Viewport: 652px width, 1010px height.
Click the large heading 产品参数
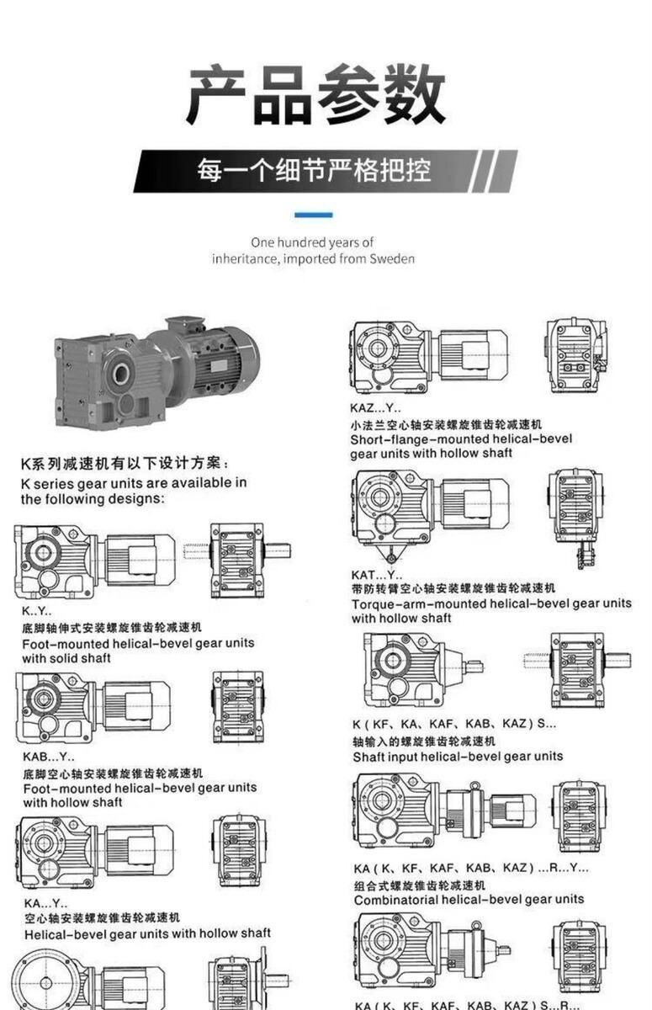[x=316, y=94]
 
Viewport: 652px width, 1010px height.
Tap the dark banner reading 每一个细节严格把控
[x=326, y=172]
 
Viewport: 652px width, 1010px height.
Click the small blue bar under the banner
[x=314, y=215]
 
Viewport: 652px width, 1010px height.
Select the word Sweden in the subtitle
[x=392, y=259]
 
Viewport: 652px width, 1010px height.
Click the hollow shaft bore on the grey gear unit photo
[x=121, y=373]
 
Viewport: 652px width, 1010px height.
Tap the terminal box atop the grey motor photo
[x=185, y=326]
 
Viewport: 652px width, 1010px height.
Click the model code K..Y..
[x=37, y=611]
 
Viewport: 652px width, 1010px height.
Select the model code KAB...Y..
[x=49, y=756]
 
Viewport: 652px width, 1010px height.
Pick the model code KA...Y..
[x=46, y=903]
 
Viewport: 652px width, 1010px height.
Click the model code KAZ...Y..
[x=376, y=408]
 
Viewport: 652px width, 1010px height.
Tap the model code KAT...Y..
[x=377, y=575]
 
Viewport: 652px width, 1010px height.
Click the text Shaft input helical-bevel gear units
[x=458, y=757]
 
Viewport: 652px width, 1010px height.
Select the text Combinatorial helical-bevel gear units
[x=469, y=900]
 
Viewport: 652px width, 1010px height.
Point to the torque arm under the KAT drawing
[x=390, y=553]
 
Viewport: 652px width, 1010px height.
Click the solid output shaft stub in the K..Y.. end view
[x=277, y=551]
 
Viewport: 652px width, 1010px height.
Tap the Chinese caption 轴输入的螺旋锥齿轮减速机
[x=424, y=742]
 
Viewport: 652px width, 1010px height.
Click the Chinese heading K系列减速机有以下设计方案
[x=125, y=464]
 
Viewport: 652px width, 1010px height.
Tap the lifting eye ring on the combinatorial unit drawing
[x=474, y=786]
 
